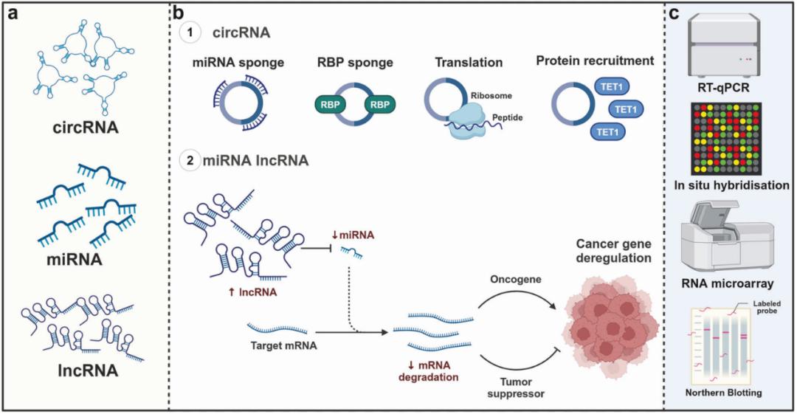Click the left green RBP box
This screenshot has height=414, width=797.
[x=330, y=105]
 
